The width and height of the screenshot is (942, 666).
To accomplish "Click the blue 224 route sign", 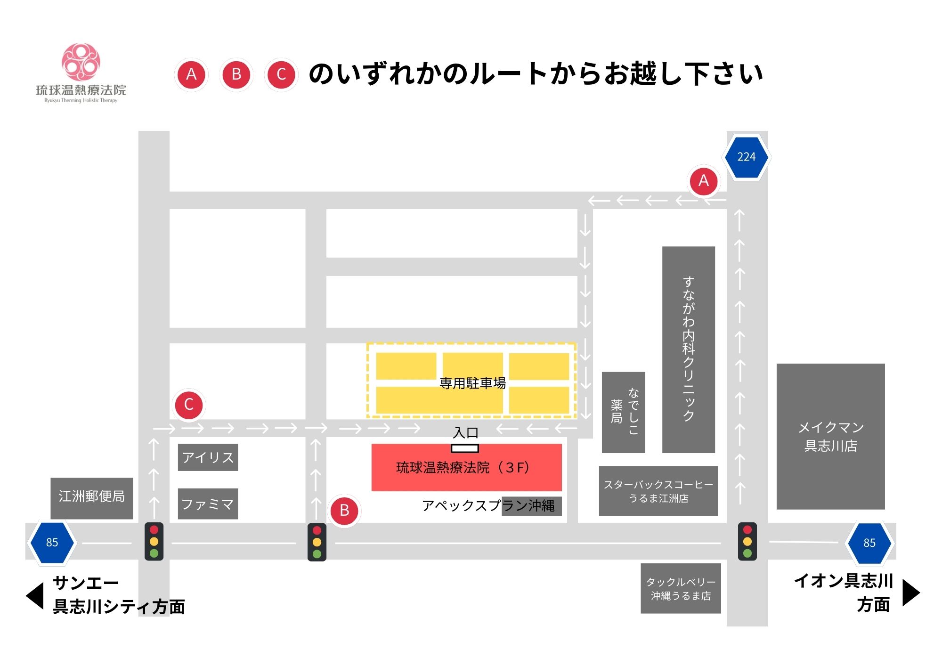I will tap(746, 157).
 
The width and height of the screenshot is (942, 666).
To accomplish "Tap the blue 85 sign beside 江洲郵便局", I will tap(52, 542).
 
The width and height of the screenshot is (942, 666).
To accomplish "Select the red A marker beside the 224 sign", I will tap(704, 181).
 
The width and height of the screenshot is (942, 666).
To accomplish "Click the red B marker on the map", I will tap(344, 511).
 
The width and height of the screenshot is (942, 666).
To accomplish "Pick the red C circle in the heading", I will tap(281, 74).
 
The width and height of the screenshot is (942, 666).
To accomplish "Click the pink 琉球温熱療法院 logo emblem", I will tap(81, 62).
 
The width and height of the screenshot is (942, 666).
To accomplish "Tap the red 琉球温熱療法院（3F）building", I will tap(466, 468).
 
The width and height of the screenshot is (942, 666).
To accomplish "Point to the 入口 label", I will tap(465, 432).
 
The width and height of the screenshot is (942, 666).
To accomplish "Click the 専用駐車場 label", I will tap(472, 383).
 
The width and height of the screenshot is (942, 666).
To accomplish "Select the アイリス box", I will tap(208, 457).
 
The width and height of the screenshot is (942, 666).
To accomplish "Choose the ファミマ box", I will tap(208, 504).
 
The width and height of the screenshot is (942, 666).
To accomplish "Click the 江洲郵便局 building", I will tap(92, 498).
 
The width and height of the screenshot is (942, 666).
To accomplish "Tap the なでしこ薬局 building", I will tap(623, 412).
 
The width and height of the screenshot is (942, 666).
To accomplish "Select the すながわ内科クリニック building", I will tap(688, 349).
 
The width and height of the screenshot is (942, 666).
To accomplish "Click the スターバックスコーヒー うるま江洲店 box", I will tap(658, 491).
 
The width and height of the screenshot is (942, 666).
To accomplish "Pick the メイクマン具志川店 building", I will tap(830, 436).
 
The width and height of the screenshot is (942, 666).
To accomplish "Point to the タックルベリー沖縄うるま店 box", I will tap(681, 588).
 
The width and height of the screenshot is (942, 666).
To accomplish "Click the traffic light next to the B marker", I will tap(317, 542).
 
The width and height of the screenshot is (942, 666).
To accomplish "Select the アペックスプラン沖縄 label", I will tap(488, 506).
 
